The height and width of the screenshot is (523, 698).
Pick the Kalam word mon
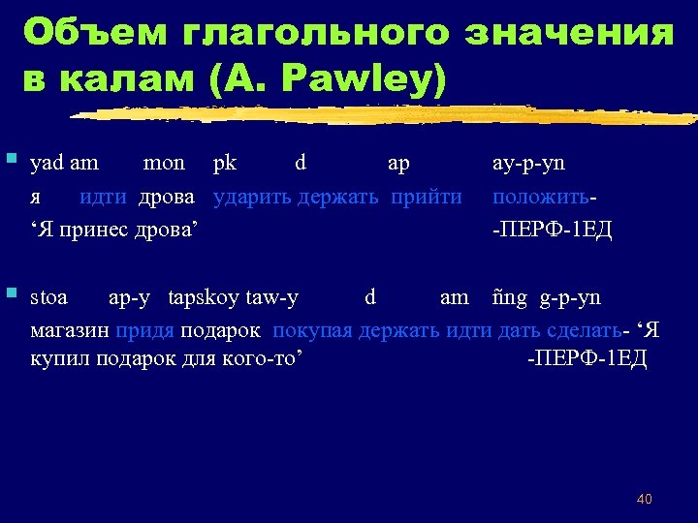(164, 163)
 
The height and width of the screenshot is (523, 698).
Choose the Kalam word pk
(224, 163)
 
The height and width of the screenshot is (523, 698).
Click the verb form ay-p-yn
(529, 163)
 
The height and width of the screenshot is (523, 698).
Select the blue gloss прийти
(427, 197)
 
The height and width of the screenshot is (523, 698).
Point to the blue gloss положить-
(544, 197)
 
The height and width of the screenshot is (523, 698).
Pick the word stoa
(49, 298)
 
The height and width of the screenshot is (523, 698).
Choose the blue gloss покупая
(313, 330)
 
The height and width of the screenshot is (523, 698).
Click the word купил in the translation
(57, 360)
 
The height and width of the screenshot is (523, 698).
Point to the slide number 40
(644, 499)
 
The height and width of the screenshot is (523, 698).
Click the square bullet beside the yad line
(11, 157)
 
